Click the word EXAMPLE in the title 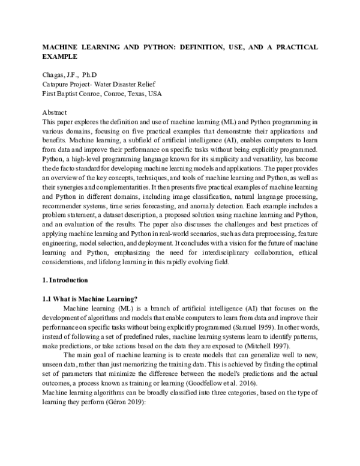[x=59, y=56]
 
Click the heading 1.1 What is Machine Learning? [x=90, y=299]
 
